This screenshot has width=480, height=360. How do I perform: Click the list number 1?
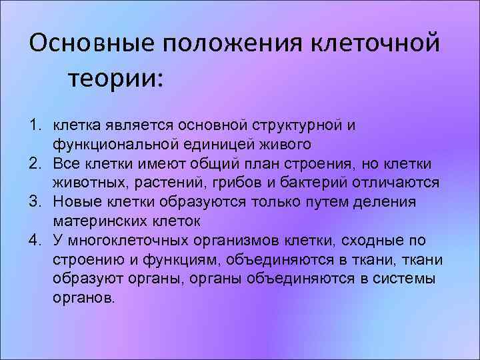[x=33, y=125]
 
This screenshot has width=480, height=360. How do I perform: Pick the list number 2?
[x=33, y=163]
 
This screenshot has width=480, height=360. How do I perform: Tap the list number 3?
[x=33, y=202]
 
